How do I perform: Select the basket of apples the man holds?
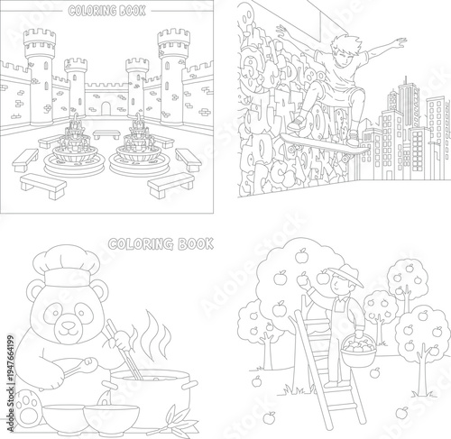(x=359, y=348)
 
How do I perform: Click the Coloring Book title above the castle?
(x=107, y=11)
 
